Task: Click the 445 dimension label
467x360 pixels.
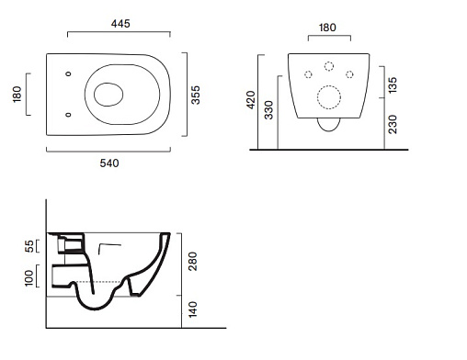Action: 120,24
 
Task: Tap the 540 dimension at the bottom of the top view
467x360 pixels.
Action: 109,163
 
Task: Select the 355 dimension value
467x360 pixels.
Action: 195,96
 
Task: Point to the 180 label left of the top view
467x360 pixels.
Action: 17,95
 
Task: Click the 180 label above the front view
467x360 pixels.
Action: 327,28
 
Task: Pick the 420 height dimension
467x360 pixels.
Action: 251,100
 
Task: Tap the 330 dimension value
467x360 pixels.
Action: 268,110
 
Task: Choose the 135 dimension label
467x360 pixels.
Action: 393,85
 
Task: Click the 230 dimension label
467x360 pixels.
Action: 393,124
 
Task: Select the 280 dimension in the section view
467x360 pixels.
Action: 193,262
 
